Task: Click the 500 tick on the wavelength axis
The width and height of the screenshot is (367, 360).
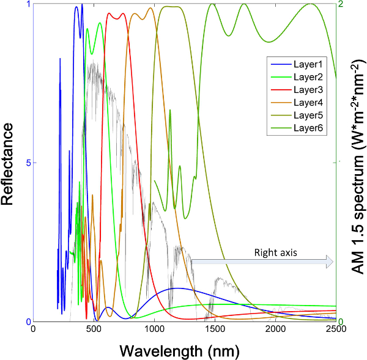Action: (x=94, y=329)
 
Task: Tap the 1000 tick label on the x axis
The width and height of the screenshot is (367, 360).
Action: (x=154, y=329)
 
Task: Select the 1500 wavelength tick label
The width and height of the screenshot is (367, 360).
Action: (x=215, y=329)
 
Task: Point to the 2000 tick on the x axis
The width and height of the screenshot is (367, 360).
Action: (x=275, y=329)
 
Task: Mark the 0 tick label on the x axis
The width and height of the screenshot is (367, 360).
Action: (x=33, y=329)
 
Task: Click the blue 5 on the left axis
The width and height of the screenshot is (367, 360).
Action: (x=26, y=163)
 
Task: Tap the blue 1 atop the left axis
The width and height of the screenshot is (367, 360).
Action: (x=28, y=4)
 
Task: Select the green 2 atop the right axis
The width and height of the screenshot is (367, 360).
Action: (x=341, y=4)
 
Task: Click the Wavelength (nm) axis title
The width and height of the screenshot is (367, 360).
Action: (x=179, y=350)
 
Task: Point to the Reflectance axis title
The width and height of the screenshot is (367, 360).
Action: (x=10, y=163)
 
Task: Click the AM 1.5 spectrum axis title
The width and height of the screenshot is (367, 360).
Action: (x=355, y=163)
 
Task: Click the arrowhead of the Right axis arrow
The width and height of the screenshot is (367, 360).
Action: (x=330, y=262)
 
